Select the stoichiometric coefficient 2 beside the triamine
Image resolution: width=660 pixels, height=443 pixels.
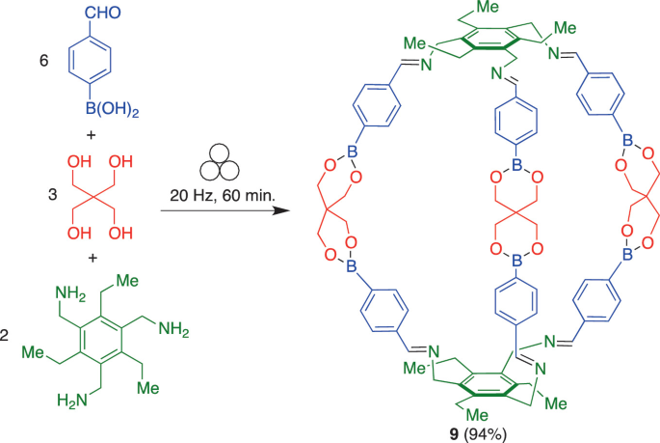pos(6,336)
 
